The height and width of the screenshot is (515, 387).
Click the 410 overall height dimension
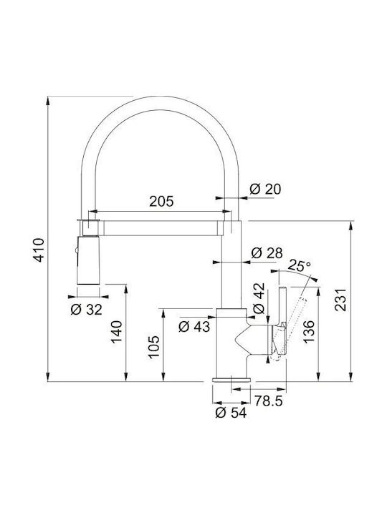click(x=39, y=250)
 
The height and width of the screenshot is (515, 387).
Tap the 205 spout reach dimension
click(x=161, y=201)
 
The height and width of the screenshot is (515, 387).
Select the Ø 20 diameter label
click(x=265, y=189)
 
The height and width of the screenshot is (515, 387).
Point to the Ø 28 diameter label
click(x=267, y=253)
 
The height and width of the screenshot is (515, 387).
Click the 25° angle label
click(x=300, y=265)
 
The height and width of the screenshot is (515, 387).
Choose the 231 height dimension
click(x=340, y=300)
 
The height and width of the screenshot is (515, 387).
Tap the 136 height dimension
click(x=309, y=332)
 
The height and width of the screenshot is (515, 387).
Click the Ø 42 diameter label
click(x=259, y=298)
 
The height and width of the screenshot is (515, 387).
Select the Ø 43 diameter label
click(x=194, y=326)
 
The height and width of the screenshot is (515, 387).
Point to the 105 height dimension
click(x=153, y=347)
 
